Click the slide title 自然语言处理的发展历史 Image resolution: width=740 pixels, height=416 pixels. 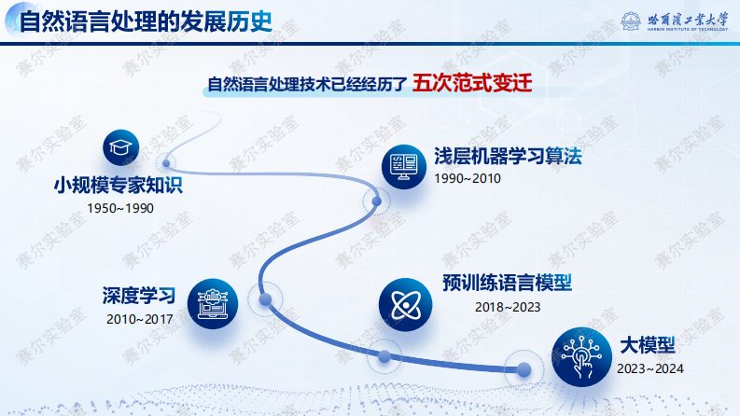147,21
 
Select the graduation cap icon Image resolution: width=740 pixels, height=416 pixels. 119,148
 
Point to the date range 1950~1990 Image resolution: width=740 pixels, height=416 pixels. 119,207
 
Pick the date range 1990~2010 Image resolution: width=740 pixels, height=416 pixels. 468,177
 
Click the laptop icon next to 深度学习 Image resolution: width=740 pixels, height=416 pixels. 212,301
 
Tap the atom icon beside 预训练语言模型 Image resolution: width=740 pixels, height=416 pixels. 403,305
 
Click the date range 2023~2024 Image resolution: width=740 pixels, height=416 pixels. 649,368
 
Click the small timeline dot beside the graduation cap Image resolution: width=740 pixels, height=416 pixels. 167,161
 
